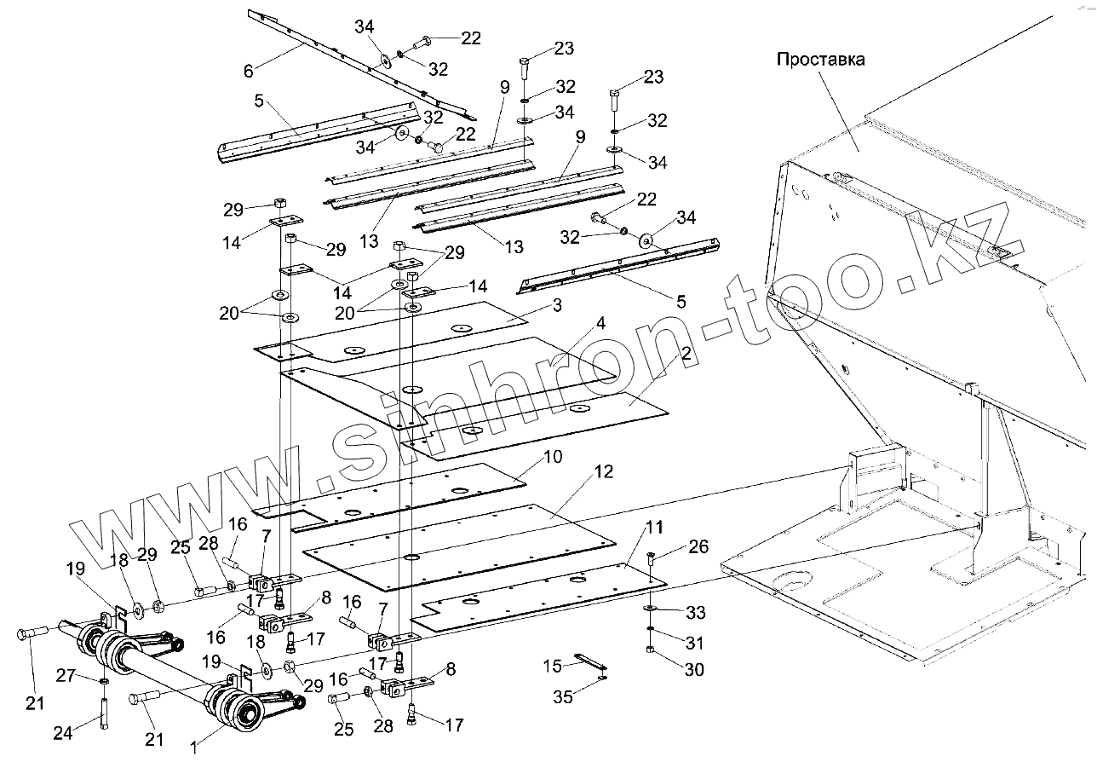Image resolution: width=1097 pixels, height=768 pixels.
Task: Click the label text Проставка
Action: (820, 60)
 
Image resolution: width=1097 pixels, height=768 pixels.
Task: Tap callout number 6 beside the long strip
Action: (248, 72)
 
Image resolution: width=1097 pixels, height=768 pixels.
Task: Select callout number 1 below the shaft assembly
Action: (194, 748)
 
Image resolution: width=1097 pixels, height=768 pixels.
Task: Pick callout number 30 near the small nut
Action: (694, 670)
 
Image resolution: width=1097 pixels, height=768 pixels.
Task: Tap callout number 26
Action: (698, 546)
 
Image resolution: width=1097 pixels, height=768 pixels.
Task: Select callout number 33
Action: (695, 613)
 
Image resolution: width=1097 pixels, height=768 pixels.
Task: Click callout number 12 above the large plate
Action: (604, 471)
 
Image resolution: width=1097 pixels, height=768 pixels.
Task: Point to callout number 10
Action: (553, 458)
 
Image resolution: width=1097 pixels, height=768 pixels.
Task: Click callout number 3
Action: (555, 304)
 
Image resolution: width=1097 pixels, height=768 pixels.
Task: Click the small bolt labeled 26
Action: (650, 560)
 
